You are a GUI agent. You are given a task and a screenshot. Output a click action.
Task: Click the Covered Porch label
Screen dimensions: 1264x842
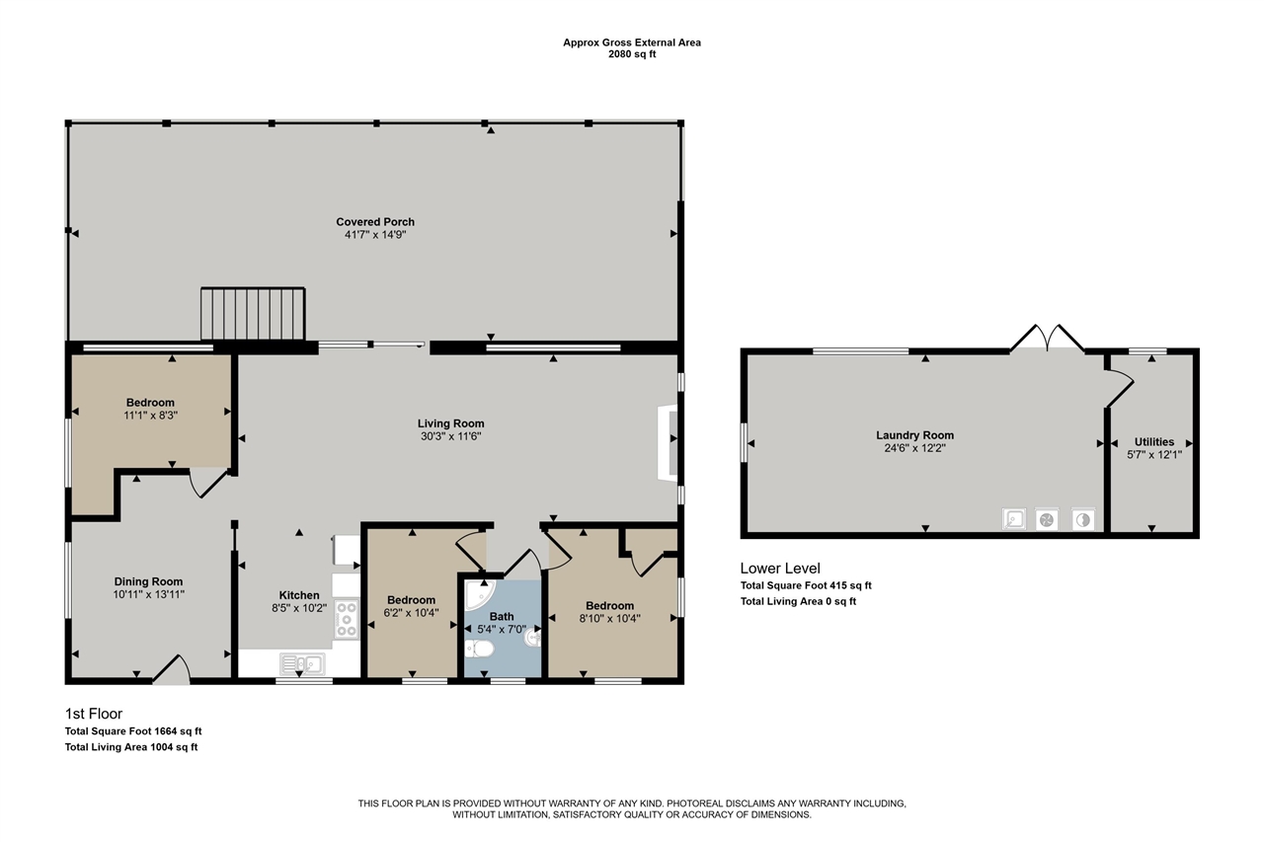click(x=375, y=222)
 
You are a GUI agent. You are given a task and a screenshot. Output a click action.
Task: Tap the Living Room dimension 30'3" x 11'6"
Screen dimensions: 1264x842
click(x=450, y=436)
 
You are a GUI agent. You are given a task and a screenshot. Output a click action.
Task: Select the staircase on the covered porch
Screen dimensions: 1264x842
click(x=253, y=314)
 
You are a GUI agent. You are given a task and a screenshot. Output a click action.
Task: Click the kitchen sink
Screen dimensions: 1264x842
click(x=302, y=663)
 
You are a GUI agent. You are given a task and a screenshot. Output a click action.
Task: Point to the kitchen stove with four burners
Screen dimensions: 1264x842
click(x=347, y=619)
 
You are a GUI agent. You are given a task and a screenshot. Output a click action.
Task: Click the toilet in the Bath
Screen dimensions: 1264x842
click(x=479, y=649)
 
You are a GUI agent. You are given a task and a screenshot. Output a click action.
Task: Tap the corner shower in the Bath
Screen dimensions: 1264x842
click(x=480, y=594)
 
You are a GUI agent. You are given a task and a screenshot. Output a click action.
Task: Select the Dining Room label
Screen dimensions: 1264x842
click(x=148, y=581)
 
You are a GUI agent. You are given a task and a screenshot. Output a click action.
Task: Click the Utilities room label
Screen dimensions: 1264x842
click(x=1154, y=441)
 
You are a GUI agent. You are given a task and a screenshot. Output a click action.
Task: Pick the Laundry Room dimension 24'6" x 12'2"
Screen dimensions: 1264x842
click(x=914, y=448)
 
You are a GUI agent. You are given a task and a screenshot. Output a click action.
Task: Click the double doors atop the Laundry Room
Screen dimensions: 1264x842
click(x=1047, y=338)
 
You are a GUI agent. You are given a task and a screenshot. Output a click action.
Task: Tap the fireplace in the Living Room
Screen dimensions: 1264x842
click(x=668, y=442)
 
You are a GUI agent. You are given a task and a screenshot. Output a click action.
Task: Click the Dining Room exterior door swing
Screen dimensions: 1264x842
click(x=172, y=669)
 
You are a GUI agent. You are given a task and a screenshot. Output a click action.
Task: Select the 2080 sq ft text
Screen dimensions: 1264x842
click(x=632, y=54)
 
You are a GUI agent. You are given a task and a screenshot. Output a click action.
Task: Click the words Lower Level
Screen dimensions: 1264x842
click(x=780, y=568)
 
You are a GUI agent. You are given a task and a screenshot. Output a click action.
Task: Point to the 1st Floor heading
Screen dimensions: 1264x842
click(x=94, y=714)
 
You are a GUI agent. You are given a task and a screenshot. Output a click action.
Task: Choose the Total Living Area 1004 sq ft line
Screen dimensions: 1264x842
click(x=131, y=746)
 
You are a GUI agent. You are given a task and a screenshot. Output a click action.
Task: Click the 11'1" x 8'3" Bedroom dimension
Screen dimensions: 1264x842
click(x=151, y=416)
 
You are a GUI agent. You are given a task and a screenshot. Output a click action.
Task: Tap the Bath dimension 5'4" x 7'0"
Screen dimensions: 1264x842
click(x=502, y=629)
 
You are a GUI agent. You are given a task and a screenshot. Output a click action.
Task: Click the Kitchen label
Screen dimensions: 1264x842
click(x=299, y=595)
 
